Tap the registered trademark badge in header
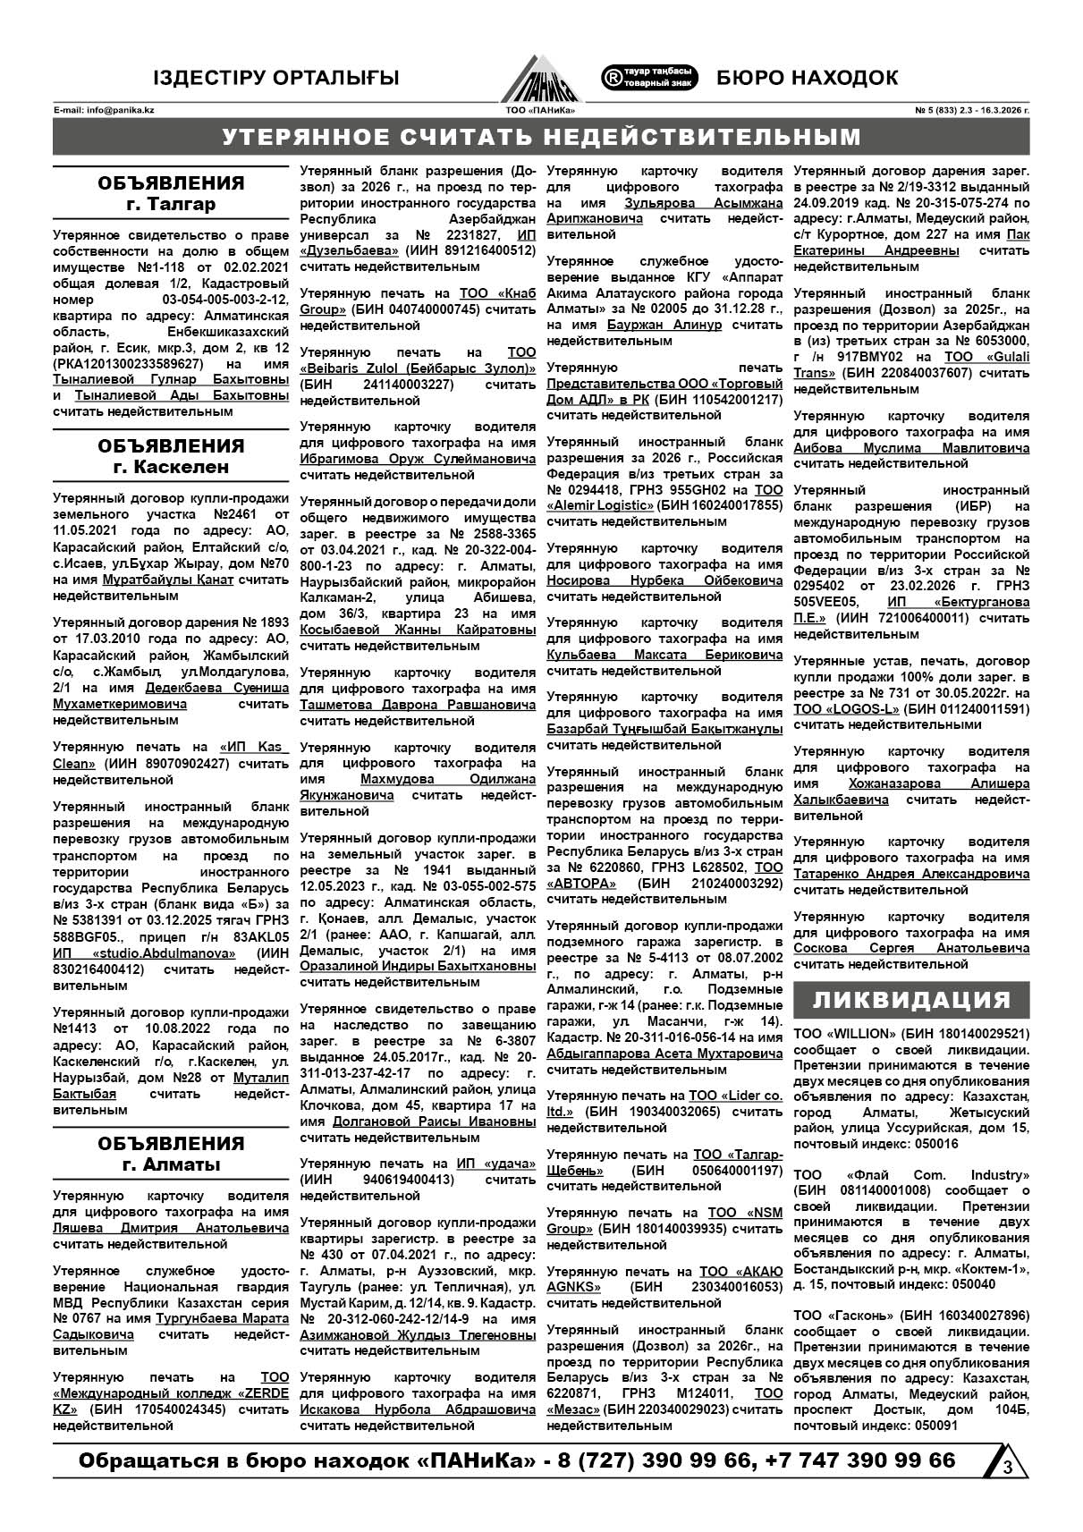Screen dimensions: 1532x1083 pyautogui.click(x=649, y=77)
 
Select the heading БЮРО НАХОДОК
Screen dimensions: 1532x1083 pyautogui.click(x=807, y=78)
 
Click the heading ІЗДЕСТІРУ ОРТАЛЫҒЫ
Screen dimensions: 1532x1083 pyautogui.click(x=275, y=78)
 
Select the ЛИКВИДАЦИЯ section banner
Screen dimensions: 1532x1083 pyautogui.click(x=911, y=1000)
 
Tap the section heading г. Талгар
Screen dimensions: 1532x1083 pyautogui.click(x=170, y=204)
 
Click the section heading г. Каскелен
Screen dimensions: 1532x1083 pyautogui.click(x=170, y=467)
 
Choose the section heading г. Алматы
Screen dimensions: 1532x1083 pyautogui.click(x=170, y=1164)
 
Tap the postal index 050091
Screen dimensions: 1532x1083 pyautogui.click(x=934, y=1426)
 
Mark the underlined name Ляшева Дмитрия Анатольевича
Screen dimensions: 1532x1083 pyautogui.click(x=170, y=1228)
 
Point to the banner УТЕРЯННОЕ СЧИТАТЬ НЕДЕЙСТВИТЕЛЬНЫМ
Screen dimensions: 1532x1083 pyautogui.click(x=541, y=137)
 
